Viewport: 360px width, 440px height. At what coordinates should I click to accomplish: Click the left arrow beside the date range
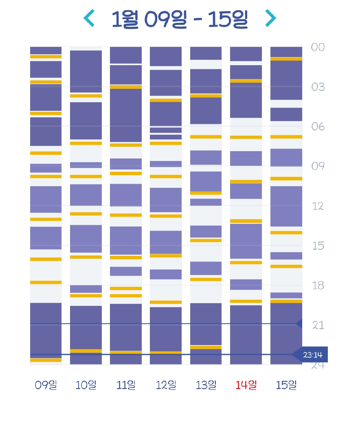click(x=89, y=18)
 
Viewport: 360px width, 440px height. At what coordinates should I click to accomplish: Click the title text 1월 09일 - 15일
click(x=180, y=19)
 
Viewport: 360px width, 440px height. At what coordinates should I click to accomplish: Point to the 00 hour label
click(x=318, y=47)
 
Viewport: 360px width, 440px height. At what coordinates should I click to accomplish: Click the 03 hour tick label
click(x=318, y=87)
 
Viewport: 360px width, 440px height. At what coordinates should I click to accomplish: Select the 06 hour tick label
click(x=318, y=127)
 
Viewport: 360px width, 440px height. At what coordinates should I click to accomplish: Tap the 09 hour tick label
click(x=318, y=166)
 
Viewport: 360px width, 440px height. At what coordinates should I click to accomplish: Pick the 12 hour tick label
click(x=318, y=206)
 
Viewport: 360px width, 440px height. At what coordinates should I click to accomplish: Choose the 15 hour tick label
click(x=318, y=246)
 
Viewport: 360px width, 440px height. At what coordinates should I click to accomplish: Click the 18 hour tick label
click(x=318, y=286)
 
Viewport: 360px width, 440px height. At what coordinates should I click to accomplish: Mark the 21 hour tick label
click(x=318, y=325)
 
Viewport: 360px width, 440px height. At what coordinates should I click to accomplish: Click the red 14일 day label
click(x=246, y=385)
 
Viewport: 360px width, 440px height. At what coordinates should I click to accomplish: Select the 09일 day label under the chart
click(x=46, y=385)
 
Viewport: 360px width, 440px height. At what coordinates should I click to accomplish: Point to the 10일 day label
click(x=86, y=385)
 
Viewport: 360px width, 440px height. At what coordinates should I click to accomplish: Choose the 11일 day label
click(x=126, y=385)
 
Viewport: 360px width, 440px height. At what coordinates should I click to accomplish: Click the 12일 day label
click(x=166, y=385)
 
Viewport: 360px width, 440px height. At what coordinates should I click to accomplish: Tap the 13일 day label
click(x=206, y=385)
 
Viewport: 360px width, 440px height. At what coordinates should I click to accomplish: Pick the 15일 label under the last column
click(x=286, y=385)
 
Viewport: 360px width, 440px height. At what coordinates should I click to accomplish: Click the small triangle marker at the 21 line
click(x=299, y=324)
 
